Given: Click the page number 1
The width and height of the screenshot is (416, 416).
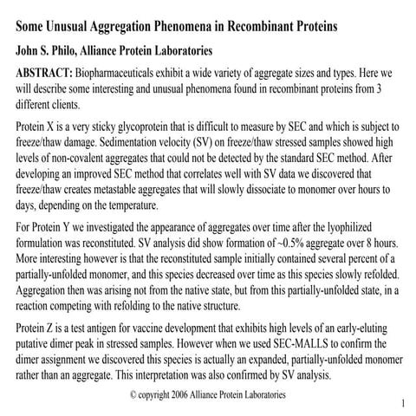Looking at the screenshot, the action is tap(404, 404).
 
